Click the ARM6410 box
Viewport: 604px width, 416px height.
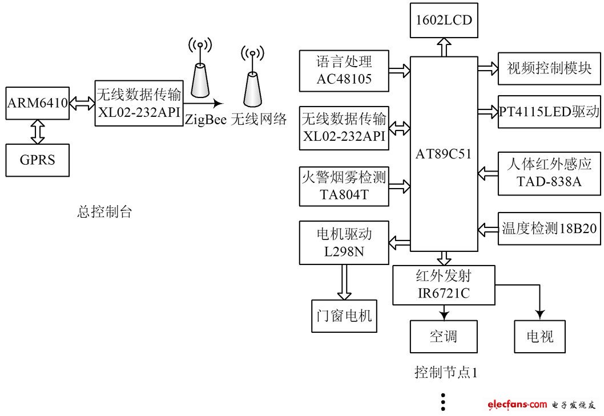tap(37, 103)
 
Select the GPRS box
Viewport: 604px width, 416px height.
tap(37, 160)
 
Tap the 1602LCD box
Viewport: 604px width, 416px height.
tap(444, 21)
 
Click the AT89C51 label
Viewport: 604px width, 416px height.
tap(444, 154)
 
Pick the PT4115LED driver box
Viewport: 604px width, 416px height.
tap(549, 112)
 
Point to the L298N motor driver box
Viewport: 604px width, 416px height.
tap(344, 243)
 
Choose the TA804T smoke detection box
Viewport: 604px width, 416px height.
tap(344, 186)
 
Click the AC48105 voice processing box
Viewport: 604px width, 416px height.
tap(344, 71)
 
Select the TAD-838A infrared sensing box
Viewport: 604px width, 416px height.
tap(549, 173)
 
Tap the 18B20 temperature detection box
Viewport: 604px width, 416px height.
tap(549, 229)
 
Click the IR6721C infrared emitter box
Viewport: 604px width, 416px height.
tap(444, 285)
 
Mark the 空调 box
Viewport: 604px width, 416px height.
tap(444, 336)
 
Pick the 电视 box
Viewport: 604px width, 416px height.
tap(539, 336)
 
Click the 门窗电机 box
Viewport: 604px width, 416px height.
tap(344, 316)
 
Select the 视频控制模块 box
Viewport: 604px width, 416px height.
tap(549, 68)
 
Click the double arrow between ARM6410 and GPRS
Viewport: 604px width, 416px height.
tap(37, 132)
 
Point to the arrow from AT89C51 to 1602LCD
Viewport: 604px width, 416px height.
tap(444, 47)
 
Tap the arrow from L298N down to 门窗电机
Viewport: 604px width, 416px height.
tap(344, 282)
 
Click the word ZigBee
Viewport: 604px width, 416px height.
tap(206, 120)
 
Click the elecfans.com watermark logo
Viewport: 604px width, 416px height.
tap(517, 405)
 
